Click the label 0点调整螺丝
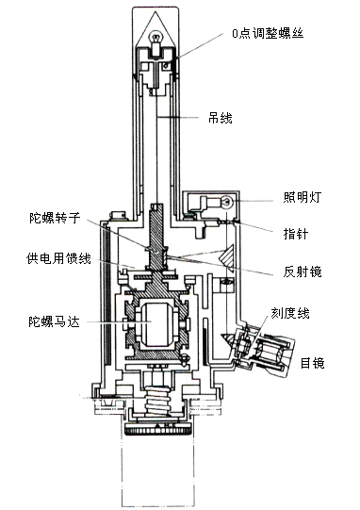tap(268, 34)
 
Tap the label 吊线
tap(221, 118)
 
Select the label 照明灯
tap(303, 197)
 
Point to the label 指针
tap(296, 234)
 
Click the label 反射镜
tap(303, 271)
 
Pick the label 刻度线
tap(290, 313)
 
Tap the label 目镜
tap(312, 363)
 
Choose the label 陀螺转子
tap(55, 217)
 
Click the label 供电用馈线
tap(58, 258)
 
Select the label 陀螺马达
tap(54, 321)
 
